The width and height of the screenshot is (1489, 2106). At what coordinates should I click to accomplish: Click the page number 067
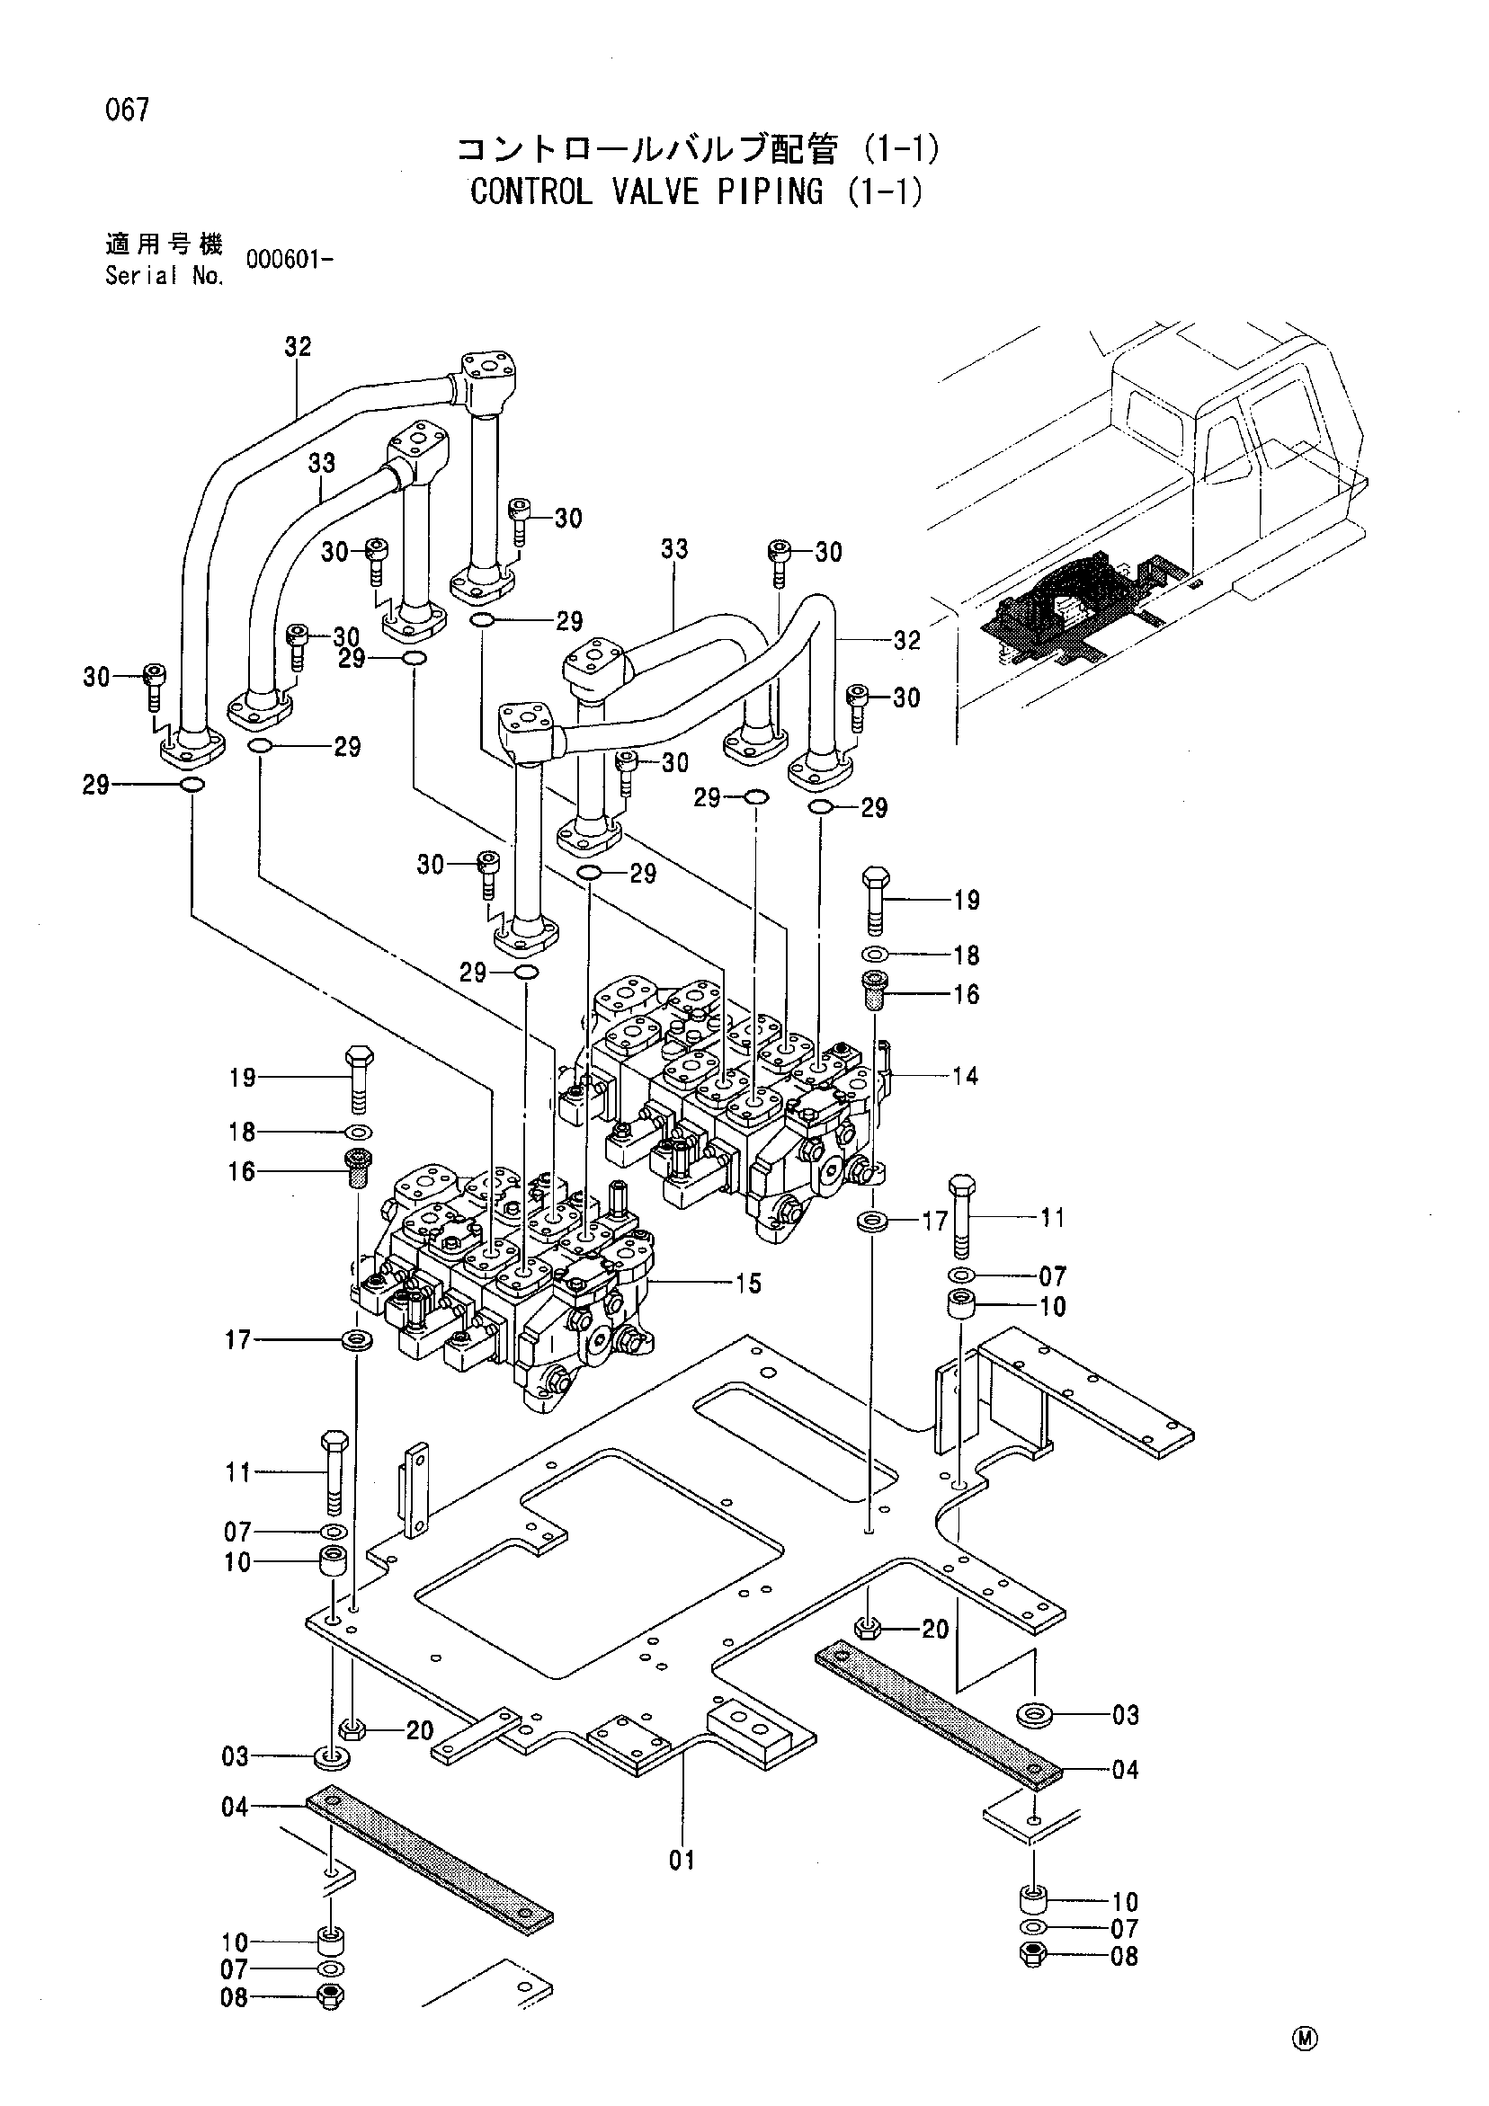[128, 111]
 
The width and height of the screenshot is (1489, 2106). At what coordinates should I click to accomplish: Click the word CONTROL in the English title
[531, 191]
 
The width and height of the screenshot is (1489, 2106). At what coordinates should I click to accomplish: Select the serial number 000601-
[289, 260]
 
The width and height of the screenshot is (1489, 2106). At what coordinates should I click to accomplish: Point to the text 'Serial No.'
[165, 275]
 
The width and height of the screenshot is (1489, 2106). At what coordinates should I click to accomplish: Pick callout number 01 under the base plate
[682, 1861]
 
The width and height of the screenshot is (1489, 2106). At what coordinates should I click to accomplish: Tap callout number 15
[749, 1284]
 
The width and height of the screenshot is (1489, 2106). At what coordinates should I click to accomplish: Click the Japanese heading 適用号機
[165, 244]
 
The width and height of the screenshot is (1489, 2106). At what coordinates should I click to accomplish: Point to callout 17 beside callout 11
[934, 1221]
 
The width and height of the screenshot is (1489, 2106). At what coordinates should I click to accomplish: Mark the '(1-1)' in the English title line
[885, 191]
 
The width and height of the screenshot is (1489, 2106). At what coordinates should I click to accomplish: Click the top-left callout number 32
[299, 347]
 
